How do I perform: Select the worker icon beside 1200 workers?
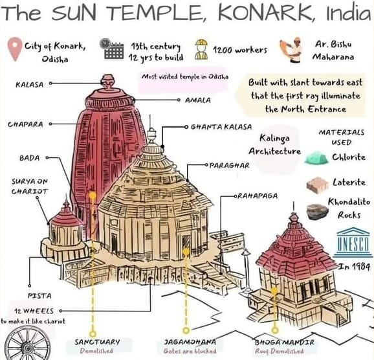pos(201,49)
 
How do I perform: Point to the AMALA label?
pos(195,101)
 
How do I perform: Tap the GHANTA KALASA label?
pos(221,127)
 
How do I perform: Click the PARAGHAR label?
pos(230,165)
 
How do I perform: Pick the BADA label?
pos(30,157)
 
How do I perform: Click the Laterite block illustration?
pos(316,185)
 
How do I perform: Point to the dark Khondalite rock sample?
pos(317,211)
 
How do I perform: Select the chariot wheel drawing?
pos(24,345)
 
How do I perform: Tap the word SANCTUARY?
pos(96,341)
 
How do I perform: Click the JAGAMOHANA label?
pos(190,341)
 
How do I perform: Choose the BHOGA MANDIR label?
pos(284,341)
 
